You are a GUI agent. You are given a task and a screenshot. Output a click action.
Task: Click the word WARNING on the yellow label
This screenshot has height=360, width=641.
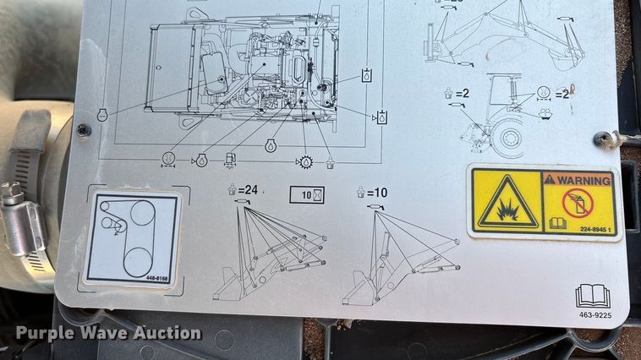(583, 179)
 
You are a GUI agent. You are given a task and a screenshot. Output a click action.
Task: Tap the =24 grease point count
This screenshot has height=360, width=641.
(245, 191)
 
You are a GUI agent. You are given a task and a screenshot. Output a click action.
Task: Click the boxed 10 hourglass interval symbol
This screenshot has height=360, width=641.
(307, 194)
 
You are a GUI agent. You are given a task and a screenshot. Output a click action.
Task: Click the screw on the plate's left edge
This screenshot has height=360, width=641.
(83, 129)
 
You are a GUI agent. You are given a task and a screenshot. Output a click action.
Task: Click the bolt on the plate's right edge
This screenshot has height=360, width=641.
(603, 139)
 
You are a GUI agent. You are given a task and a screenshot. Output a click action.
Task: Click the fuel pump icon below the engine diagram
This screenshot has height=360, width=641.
(231, 158)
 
